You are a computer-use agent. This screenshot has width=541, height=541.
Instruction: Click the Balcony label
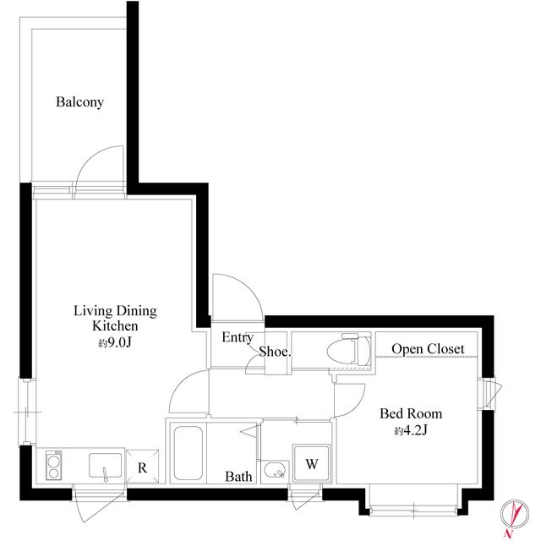click(79, 102)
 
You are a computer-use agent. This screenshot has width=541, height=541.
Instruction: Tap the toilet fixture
click(349, 350)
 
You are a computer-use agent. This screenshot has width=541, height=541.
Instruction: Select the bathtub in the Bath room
click(188, 453)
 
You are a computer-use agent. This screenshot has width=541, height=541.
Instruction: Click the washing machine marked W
click(311, 463)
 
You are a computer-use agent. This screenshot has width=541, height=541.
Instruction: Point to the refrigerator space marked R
click(143, 467)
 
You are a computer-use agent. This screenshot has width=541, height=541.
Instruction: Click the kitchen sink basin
click(105, 466)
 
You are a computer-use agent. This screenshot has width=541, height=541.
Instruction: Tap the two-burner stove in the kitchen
click(53, 466)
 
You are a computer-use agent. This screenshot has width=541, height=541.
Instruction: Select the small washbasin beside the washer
click(275, 471)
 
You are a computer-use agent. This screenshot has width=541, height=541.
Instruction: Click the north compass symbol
click(515, 514)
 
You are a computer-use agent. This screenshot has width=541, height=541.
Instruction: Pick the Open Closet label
click(428, 349)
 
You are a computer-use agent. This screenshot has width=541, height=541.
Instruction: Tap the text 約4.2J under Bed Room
click(411, 430)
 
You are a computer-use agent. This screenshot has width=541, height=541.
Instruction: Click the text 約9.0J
click(115, 342)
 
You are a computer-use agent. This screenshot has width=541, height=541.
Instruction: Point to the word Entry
click(238, 337)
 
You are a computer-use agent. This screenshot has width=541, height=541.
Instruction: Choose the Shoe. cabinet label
click(275, 352)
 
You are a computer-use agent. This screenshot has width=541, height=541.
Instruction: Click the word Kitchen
click(115, 325)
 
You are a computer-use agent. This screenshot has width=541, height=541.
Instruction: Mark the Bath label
click(238, 477)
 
